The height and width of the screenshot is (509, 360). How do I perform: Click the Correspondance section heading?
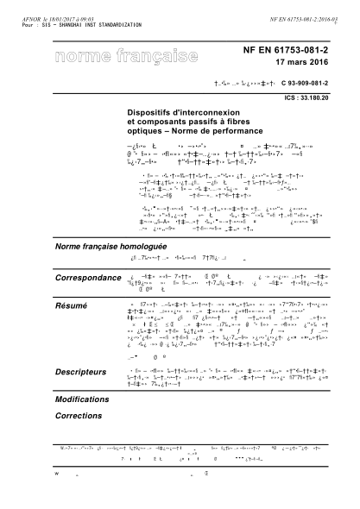(88, 278)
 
